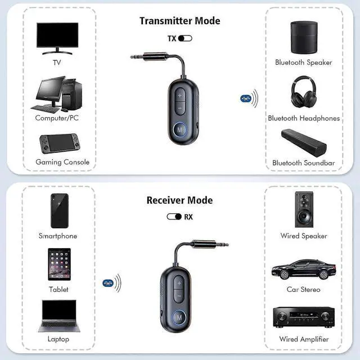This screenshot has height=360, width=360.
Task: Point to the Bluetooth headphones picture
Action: [x=304, y=92]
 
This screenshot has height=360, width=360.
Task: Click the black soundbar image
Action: [x=303, y=143]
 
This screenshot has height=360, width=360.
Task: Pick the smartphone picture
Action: [x=59, y=211]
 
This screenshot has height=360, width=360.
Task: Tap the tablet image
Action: [x=59, y=264]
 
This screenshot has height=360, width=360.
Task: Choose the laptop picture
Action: [x=58, y=316]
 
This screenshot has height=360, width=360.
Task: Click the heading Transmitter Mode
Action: [x=179, y=21]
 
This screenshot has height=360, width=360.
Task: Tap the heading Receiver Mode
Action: [x=179, y=200]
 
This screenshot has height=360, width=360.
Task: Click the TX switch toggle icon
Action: [x=186, y=38]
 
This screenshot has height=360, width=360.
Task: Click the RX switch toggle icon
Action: [x=174, y=216]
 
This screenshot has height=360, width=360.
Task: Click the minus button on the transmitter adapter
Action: [x=179, y=106]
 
